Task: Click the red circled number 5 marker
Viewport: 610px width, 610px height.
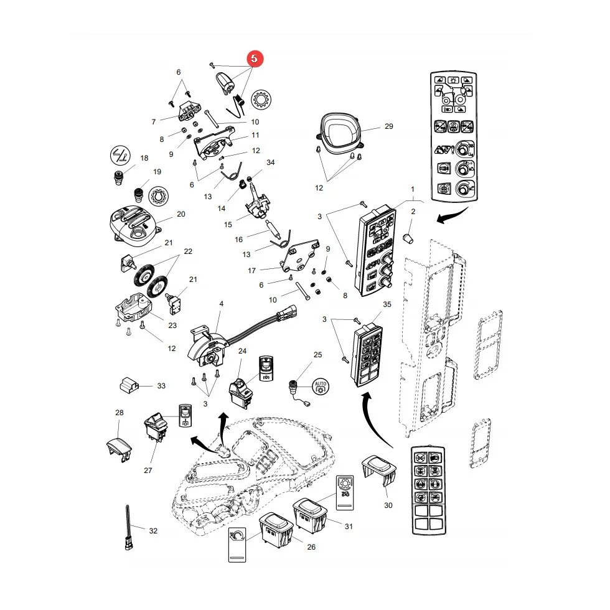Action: (x=255, y=59)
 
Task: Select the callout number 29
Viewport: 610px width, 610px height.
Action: (x=388, y=126)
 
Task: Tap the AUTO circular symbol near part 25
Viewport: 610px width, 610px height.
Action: (x=320, y=387)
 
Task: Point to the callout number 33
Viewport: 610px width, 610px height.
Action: (x=161, y=386)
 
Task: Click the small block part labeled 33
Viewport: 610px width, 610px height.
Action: (x=129, y=385)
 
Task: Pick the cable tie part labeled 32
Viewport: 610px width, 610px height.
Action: (x=128, y=527)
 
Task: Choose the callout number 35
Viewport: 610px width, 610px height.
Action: (x=387, y=304)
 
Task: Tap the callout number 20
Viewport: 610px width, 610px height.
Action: (x=181, y=214)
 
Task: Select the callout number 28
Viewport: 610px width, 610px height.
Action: (x=120, y=412)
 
